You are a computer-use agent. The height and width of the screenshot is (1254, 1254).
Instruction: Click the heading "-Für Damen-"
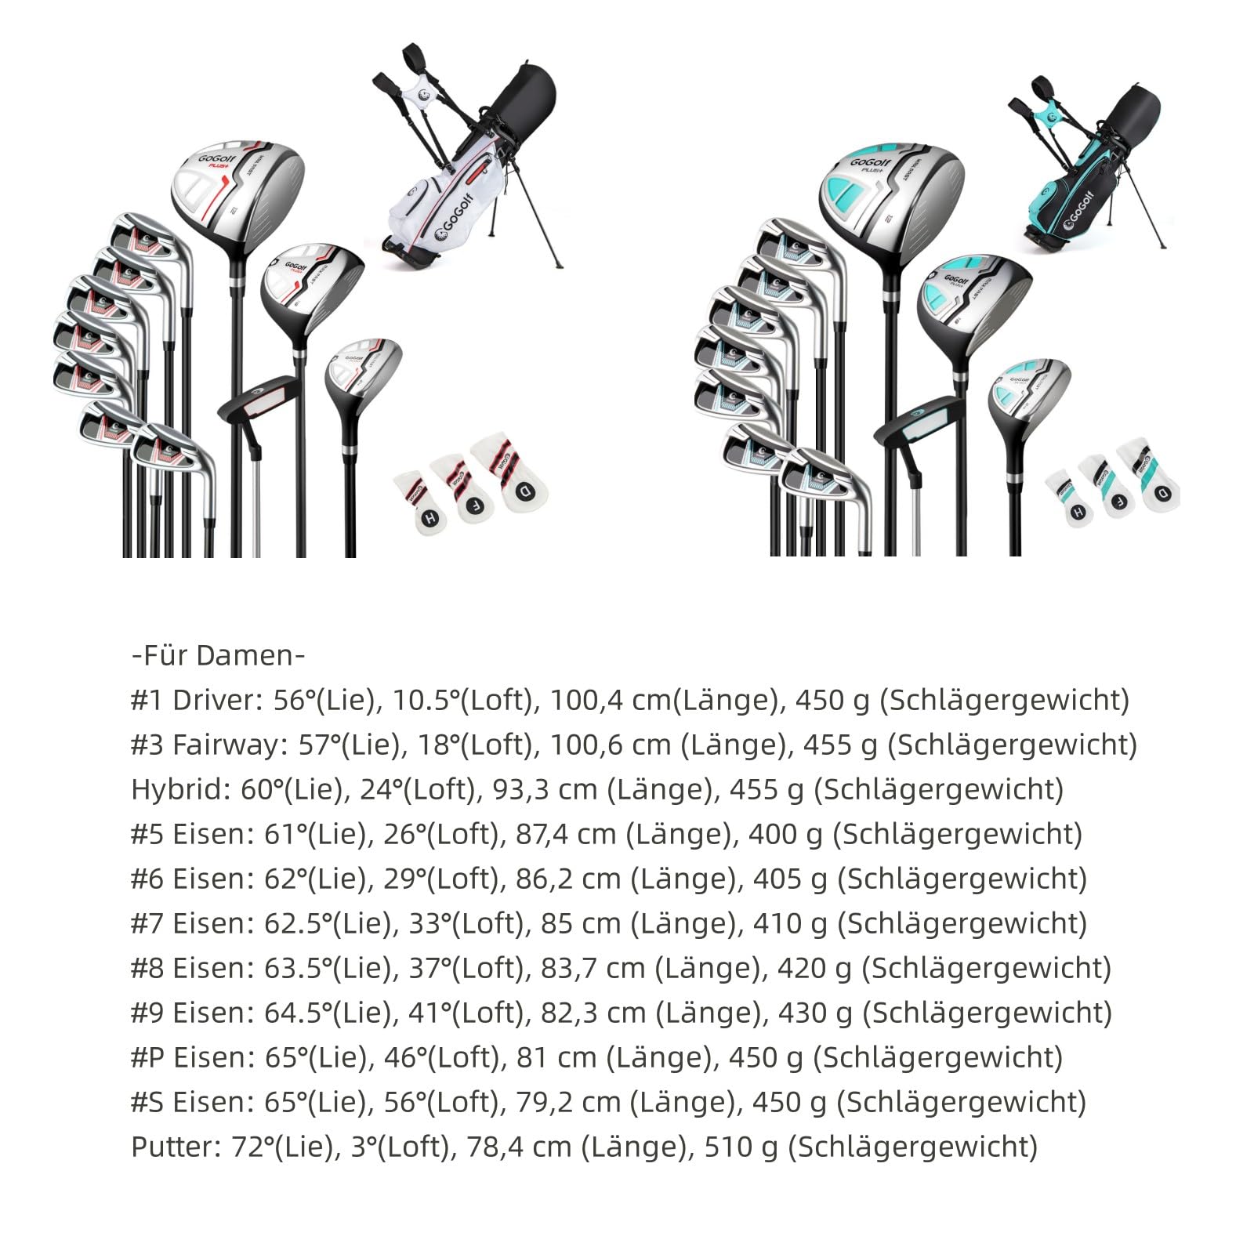(218, 655)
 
